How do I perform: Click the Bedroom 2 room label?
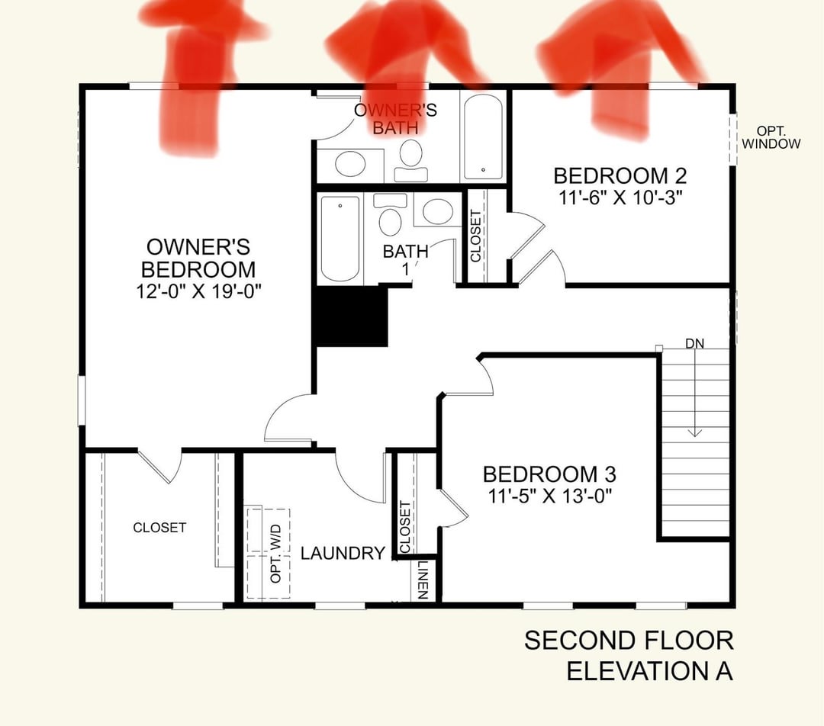(x=620, y=175)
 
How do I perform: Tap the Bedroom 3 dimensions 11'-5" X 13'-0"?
(x=550, y=496)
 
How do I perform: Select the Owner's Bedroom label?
(x=198, y=258)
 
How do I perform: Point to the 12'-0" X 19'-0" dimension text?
(x=198, y=291)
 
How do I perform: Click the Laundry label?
(x=343, y=553)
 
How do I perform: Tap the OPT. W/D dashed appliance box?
(x=269, y=553)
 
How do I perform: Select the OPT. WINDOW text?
(x=771, y=137)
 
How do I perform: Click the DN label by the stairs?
(x=695, y=344)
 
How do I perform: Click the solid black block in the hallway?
(x=350, y=316)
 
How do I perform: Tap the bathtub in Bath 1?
(x=340, y=239)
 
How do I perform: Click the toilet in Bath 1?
(x=390, y=215)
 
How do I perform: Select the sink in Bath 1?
(x=438, y=210)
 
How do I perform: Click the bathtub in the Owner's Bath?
(x=483, y=136)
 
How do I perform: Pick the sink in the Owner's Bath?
(x=350, y=165)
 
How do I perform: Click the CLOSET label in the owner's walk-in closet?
(x=159, y=528)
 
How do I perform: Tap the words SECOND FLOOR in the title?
(x=629, y=641)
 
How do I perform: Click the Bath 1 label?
(x=406, y=260)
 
